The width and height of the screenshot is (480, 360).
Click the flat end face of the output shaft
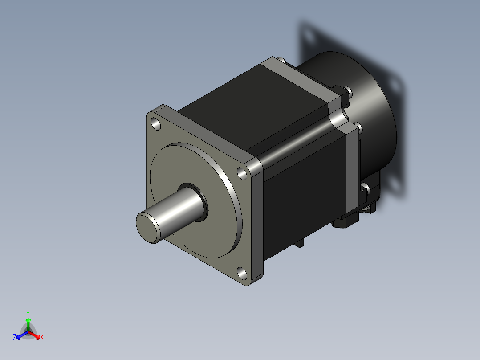pos(148,228)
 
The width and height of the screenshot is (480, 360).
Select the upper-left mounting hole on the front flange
pos(156,124)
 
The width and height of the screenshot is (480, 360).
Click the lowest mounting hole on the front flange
pos(242,273)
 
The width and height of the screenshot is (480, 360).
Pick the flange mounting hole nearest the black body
pos(242,174)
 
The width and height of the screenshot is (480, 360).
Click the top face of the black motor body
pos(254,107)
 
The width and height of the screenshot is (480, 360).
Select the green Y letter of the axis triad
pos(28,313)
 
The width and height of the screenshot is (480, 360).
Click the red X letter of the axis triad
pos(42,337)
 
